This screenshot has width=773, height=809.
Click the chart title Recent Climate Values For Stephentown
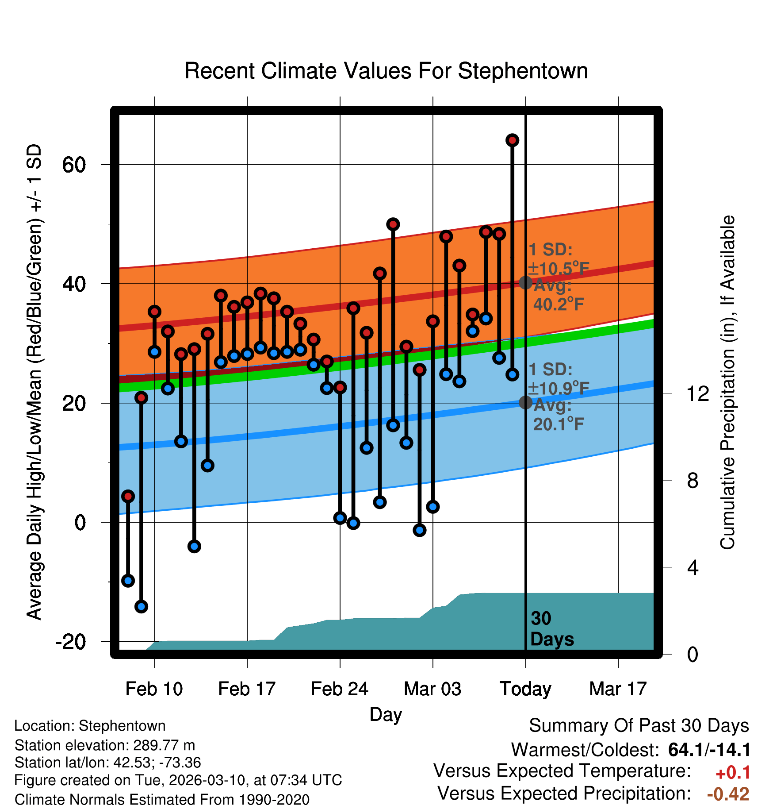[386, 71]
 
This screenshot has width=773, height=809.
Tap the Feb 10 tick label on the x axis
[154, 689]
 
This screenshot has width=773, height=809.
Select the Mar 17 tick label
[618, 689]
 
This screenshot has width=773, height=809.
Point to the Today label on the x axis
[525, 689]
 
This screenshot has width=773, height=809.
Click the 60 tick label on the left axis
[74, 165]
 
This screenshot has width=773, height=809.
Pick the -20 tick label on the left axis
[70, 642]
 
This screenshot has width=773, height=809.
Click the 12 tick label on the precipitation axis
[698, 393]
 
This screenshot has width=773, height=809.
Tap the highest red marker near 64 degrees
[512, 140]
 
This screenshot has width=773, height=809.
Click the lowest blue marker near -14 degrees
[141, 606]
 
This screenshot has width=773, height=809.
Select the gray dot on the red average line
[525, 282]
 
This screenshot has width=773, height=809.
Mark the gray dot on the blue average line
[525, 402]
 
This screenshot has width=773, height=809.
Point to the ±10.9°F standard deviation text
[559, 389]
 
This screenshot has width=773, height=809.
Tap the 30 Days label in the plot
[551, 629]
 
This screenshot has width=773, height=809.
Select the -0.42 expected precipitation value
[728, 794]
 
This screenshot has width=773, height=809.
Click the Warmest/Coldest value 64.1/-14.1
[709, 750]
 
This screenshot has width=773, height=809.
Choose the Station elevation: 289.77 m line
[105, 745]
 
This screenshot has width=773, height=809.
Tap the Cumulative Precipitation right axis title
[727, 382]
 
